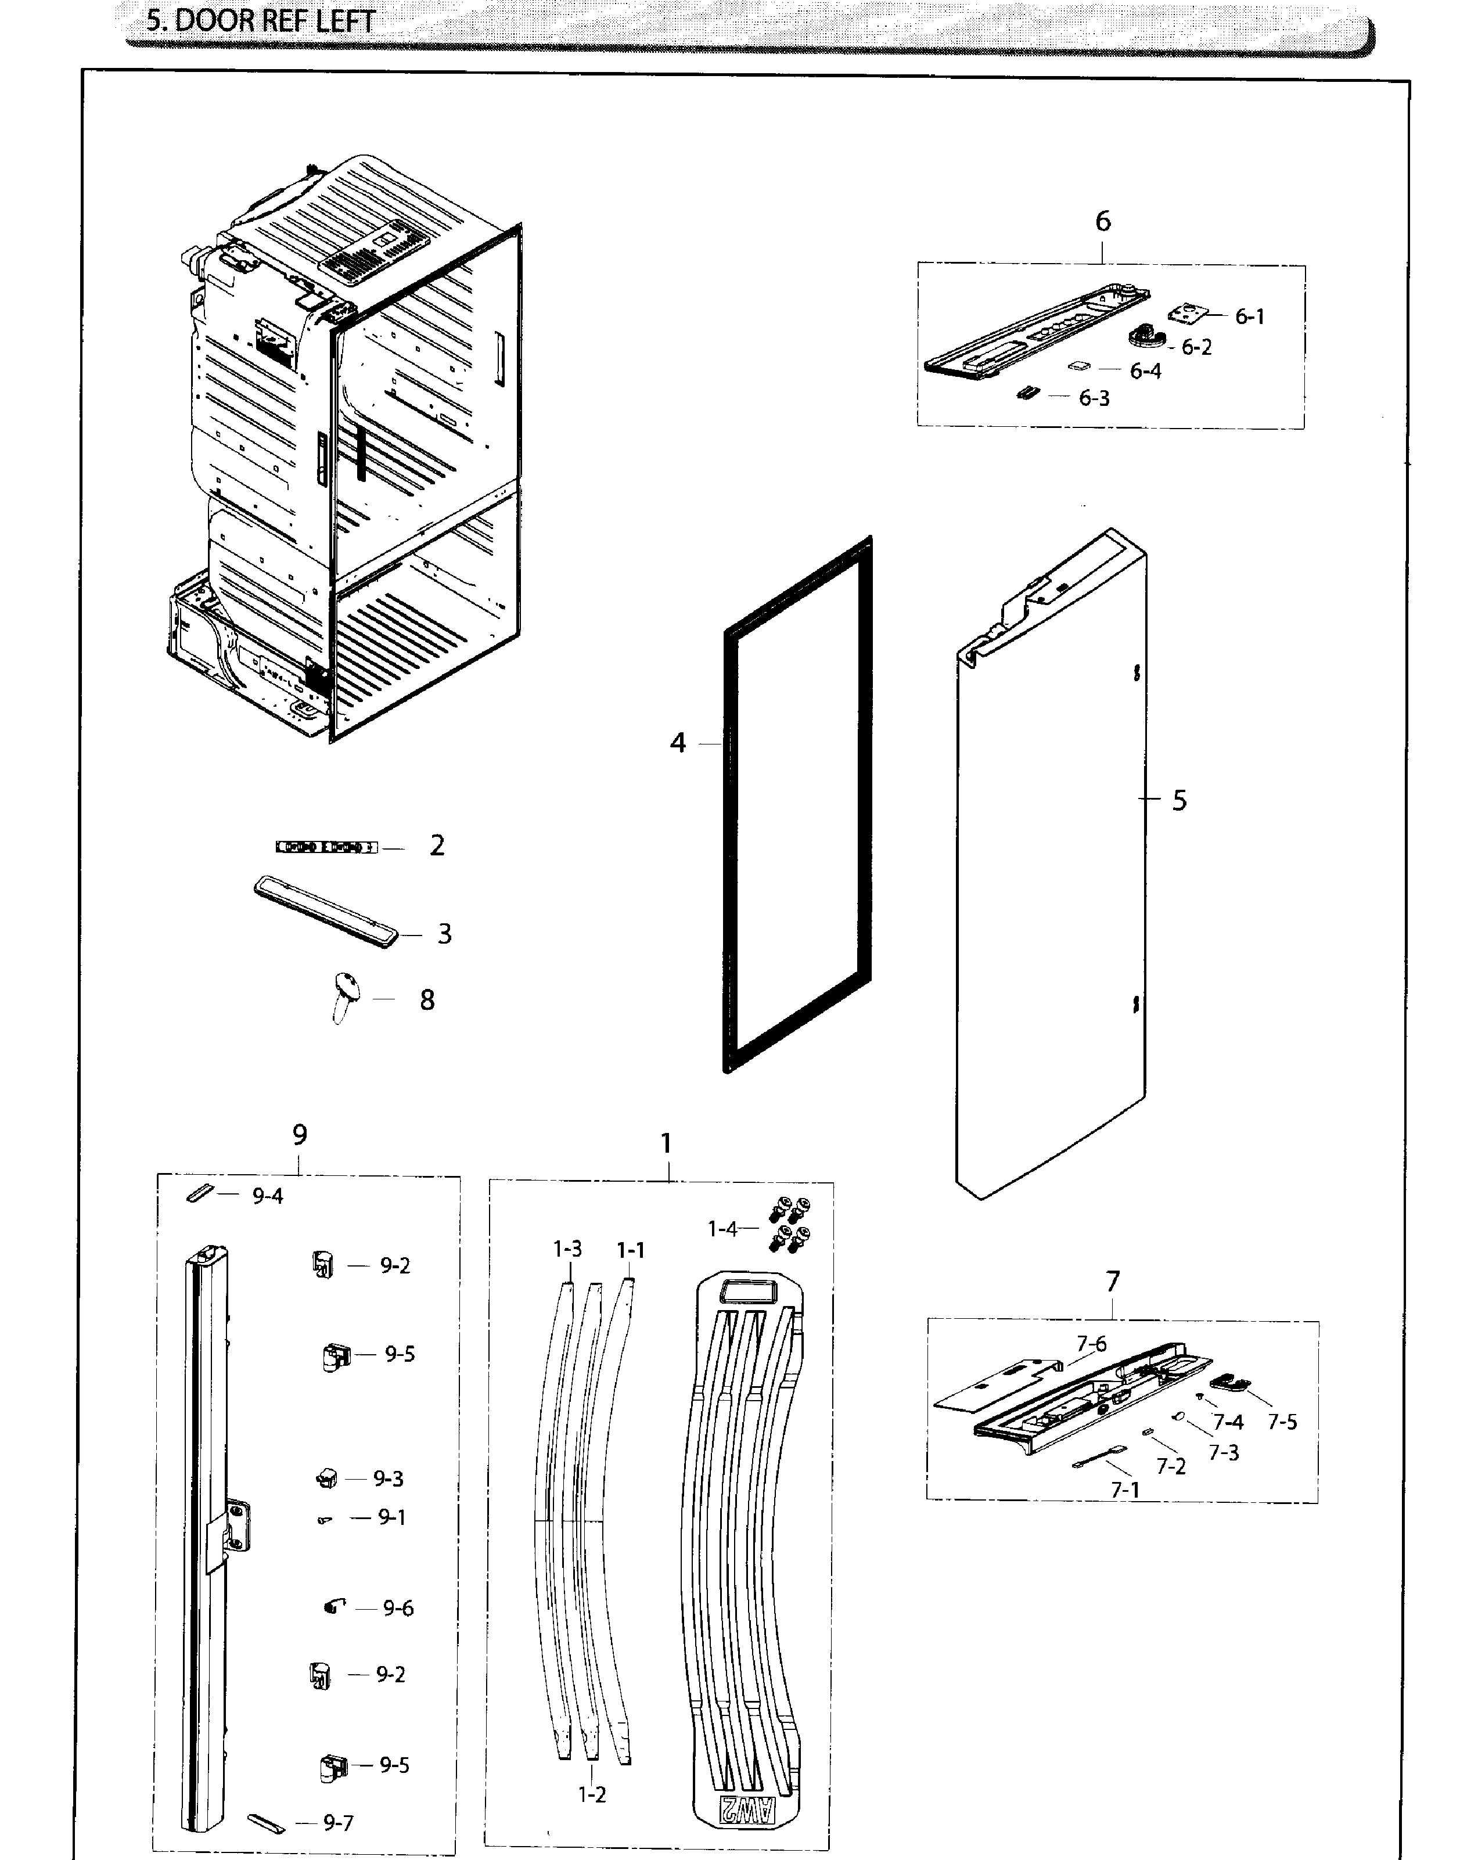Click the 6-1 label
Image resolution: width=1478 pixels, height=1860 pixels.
1249,316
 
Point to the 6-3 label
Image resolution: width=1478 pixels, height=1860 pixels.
1094,398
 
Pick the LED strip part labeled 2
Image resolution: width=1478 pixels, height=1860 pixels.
326,847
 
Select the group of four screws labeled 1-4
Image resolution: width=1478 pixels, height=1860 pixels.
789,1225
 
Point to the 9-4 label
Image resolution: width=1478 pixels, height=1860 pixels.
268,1196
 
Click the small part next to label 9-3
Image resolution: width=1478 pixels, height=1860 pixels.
326,1478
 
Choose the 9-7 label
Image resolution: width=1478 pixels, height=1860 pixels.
337,1822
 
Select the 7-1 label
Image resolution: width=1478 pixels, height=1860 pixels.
1124,1490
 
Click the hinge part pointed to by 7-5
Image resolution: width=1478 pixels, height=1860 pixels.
1229,1383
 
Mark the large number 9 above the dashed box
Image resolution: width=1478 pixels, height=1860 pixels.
300,1135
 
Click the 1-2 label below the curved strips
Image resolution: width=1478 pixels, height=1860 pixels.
592,1794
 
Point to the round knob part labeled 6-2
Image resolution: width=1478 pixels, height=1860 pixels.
1146,334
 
